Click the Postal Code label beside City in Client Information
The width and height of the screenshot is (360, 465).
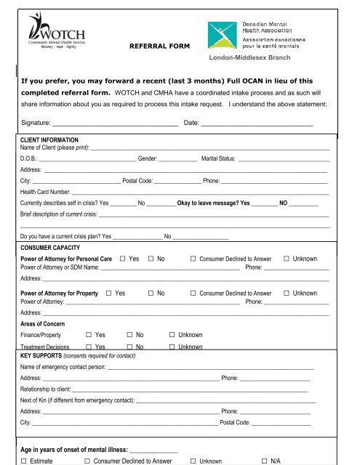coord(137,179)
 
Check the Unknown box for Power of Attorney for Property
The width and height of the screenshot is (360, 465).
coord(287,294)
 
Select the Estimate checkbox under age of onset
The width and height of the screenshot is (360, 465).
coord(25,461)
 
